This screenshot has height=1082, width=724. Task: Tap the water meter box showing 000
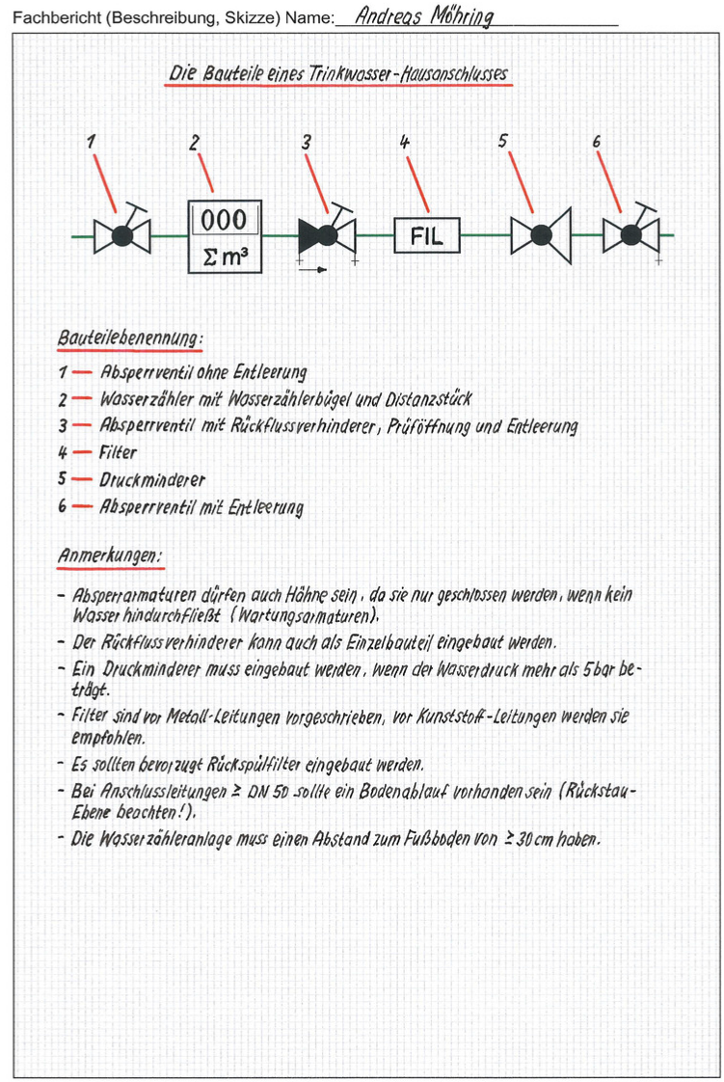224,236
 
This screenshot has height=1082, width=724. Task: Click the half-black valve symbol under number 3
326,234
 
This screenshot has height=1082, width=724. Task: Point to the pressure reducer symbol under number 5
541,234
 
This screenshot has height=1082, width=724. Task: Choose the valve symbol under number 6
631,234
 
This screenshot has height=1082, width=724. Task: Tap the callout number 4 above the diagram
405,142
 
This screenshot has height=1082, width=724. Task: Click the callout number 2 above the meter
195,143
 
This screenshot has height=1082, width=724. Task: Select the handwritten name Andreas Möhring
423,17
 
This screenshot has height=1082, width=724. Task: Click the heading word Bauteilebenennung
130,338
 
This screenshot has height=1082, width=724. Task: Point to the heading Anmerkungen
109,556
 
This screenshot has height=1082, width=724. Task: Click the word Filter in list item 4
119,452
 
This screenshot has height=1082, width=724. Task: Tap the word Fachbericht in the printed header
55,18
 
